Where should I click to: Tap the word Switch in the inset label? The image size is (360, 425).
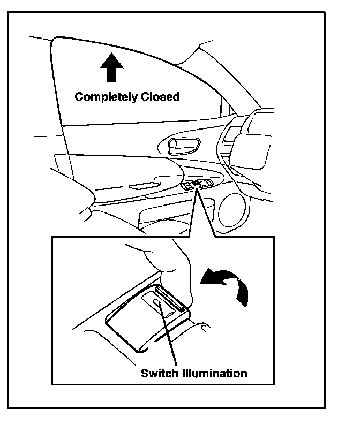point(158,373)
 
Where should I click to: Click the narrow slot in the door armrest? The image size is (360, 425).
point(141,186)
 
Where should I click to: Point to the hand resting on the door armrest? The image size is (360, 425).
point(75,193)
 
